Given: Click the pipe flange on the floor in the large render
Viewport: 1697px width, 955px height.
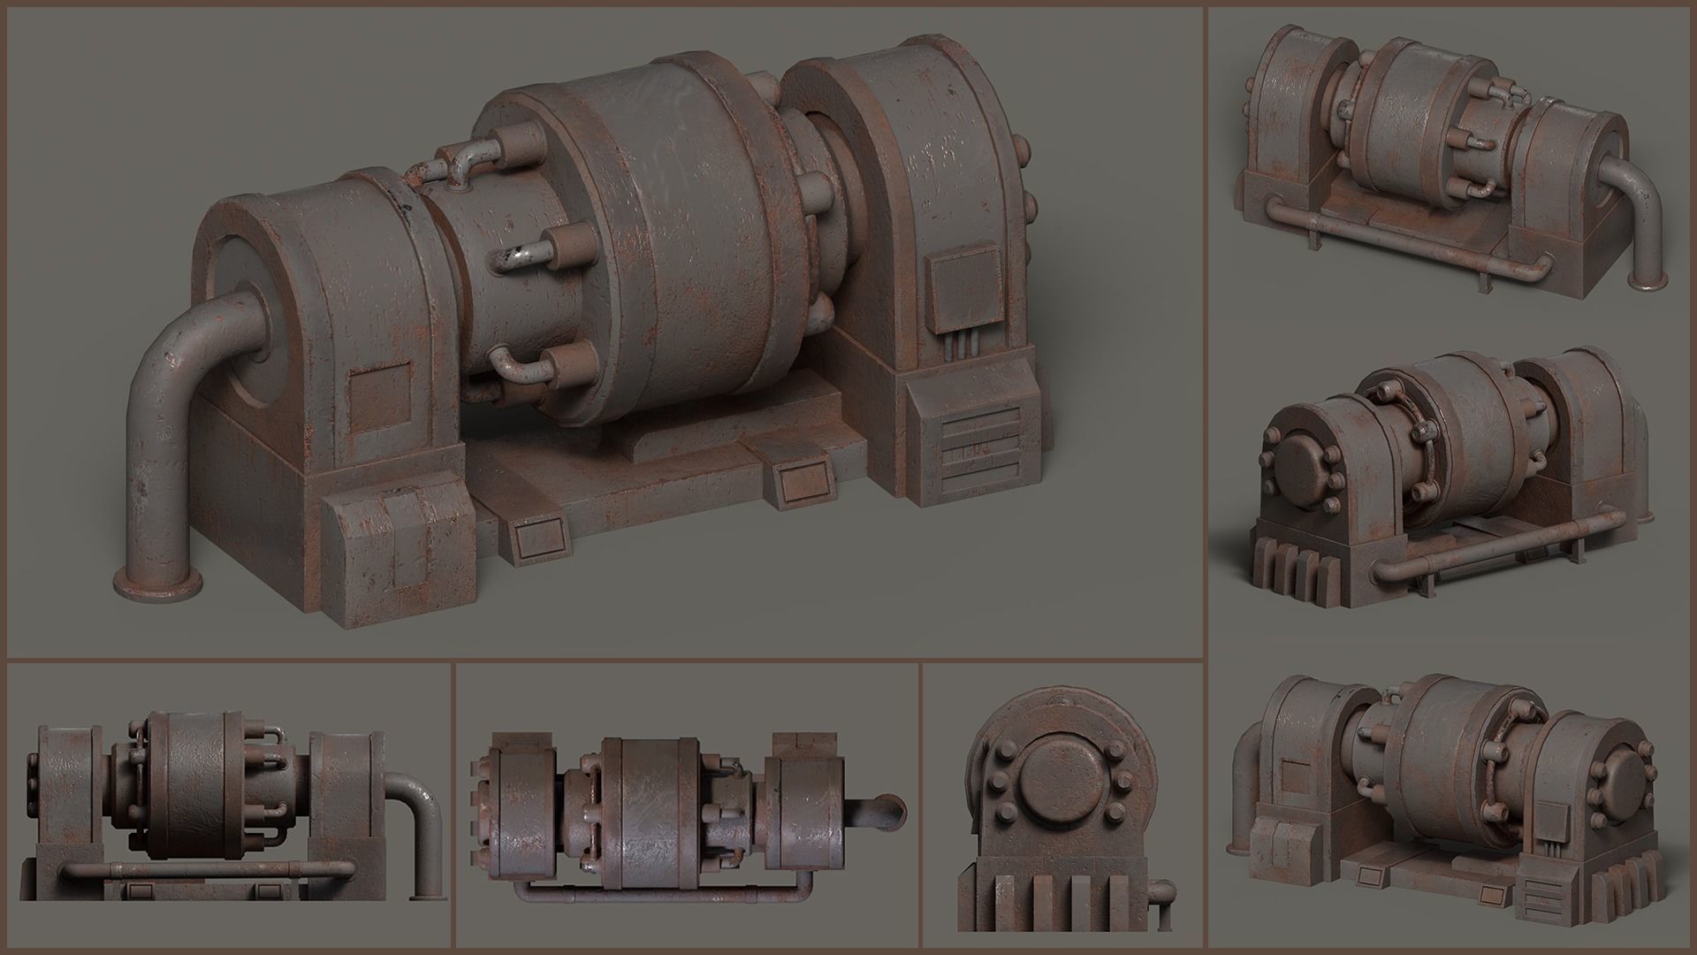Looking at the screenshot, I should [157, 584].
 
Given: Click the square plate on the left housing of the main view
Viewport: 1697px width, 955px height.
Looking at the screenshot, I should [380, 395].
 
